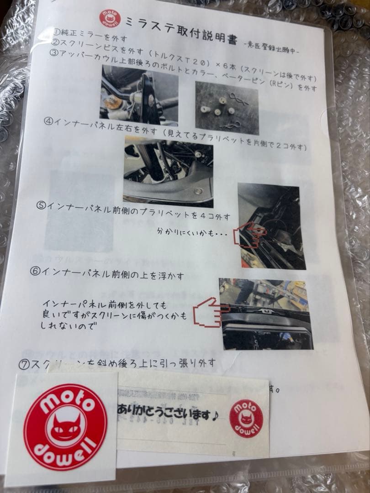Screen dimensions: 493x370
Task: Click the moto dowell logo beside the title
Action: tap(110, 19)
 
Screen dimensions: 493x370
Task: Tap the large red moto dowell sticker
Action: tap(66, 427)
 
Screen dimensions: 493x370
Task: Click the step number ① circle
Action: tap(58, 32)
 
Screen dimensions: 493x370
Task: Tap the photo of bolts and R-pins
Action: tap(227, 108)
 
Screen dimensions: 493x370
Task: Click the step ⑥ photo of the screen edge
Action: tap(265, 314)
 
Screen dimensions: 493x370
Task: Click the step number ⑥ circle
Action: tap(35, 271)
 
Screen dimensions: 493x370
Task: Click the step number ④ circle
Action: tap(49, 122)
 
